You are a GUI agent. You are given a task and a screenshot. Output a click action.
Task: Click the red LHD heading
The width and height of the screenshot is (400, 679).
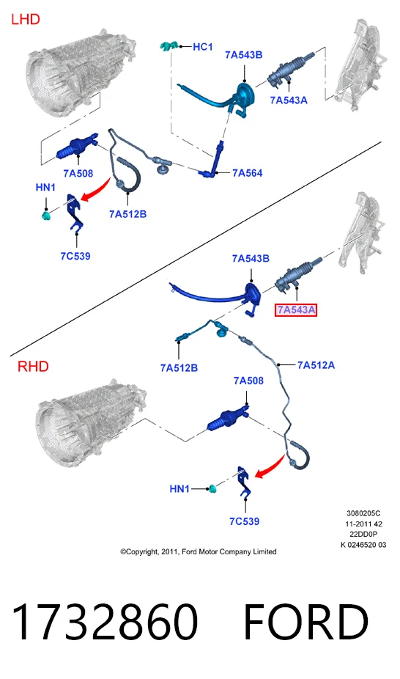[x=26, y=20]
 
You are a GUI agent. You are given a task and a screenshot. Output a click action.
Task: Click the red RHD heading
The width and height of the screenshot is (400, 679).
[x=33, y=367]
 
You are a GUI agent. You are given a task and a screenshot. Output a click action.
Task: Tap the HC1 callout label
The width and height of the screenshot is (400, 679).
[x=202, y=47]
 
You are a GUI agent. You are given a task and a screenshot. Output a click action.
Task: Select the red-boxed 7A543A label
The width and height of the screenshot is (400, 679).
[x=296, y=310]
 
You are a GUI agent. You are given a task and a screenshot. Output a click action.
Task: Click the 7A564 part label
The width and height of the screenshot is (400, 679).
[x=248, y=173]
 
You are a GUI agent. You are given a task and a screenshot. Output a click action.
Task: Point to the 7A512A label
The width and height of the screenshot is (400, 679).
[x=316, y=365]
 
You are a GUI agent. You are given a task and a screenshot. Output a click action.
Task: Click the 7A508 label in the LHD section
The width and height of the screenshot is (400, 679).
[x=78, y=174]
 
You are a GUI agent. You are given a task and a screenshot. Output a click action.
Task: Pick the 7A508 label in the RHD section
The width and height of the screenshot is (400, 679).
[x=248, y=381]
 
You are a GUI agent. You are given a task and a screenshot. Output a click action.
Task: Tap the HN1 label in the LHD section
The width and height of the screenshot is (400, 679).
[x=45, y=188]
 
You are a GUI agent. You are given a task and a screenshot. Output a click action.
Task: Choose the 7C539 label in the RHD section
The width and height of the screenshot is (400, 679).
[x=245, y=521]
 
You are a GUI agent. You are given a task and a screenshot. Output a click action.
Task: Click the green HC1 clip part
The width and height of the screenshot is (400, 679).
[x=168, y=45]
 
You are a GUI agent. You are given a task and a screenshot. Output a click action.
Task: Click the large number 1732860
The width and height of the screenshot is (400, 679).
[x=105, y=621]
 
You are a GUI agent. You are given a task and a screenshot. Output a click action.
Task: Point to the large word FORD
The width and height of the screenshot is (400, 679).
[x=306, y=621]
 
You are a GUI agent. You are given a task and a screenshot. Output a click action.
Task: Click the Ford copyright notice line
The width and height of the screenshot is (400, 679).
[x=199, y=551]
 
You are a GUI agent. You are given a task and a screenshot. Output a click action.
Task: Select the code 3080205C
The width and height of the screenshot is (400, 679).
[x=363, y=513]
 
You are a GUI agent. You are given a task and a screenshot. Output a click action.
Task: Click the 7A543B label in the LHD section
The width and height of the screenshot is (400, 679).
[x=243, y=55]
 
